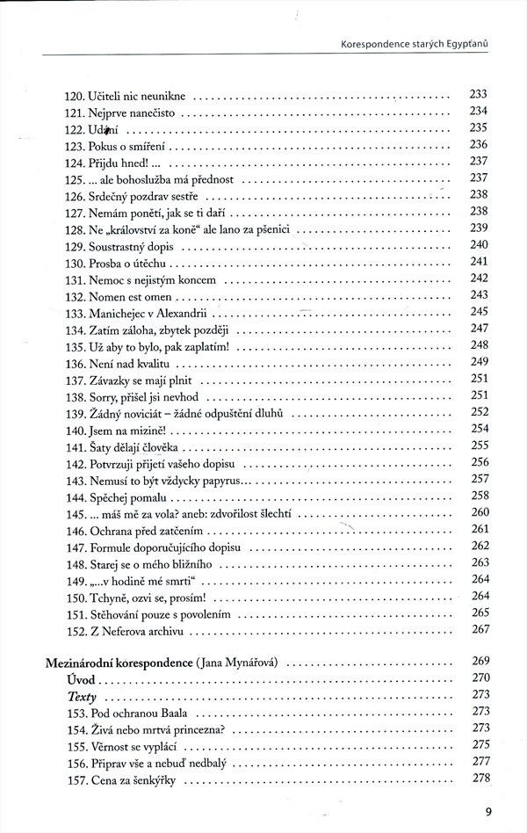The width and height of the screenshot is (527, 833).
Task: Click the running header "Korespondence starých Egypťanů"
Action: pyautogui.click(x=412, y=40)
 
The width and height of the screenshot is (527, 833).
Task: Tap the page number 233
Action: pyautogui.click(x=479, y=95)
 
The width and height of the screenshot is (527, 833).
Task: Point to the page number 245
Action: pyautogui.click(x=479, y=311)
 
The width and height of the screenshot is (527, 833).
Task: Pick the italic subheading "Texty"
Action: pyautogui.click(x=83, y=696)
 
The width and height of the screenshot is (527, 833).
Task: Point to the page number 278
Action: pyautogui.click(x=480, y=778)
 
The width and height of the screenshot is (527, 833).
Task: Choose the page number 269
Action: pyautogui.click(x=480, y=661)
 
